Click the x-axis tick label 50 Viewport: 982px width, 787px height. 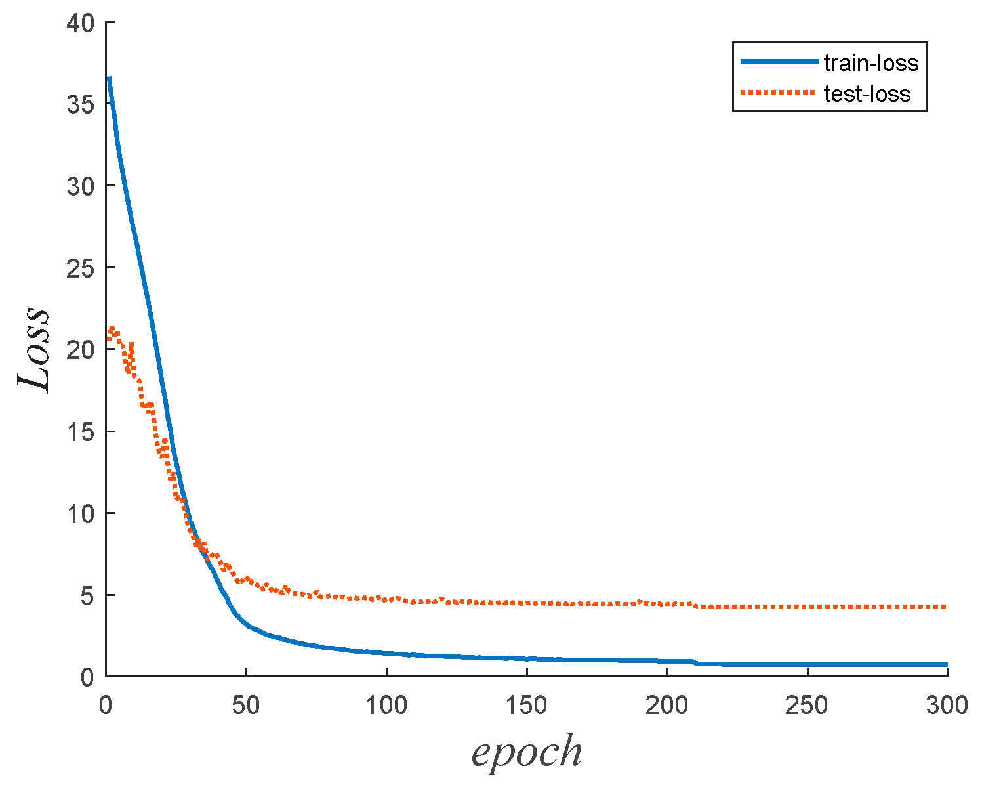pyautogui.click(x=246, y=706)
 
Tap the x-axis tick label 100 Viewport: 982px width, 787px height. pyautogui.click(x=386, y=706)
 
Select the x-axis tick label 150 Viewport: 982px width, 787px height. pyautogui.click(x=527, y=706)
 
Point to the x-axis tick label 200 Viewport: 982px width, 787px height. pyautogui.click(x=667, y=706)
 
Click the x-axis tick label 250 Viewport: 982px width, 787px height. pyautogui.click(x=807, y=706)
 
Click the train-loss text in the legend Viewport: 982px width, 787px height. pyautogui.click(x=871, y=63)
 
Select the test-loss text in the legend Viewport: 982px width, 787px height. pyautogui.click(x=867, y=94)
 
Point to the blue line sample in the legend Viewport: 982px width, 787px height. pyautogui.click(x=779, y=62)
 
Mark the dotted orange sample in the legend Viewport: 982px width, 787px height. pyautogui.click(x=779, y=93)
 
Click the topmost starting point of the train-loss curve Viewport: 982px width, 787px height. pyautogui.click(x=109, y=79)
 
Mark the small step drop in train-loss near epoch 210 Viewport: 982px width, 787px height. pyautogui.click(x=695, y=662)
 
